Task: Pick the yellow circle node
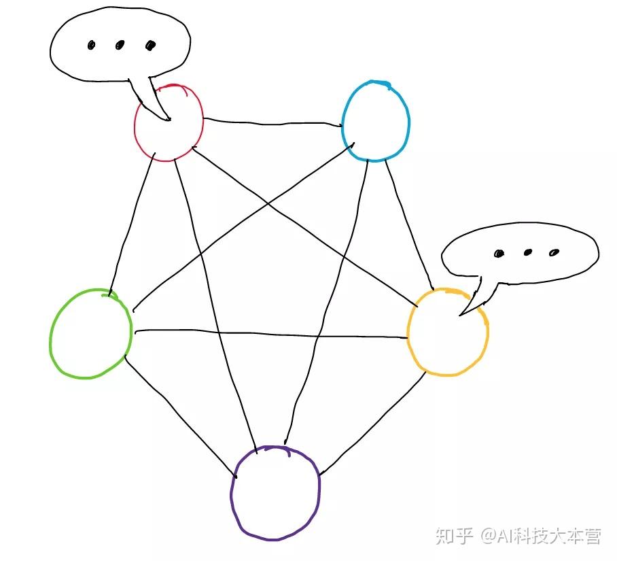pyautogui.click(x=447, y=332)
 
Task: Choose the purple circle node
pyautogui.click(x=275, y=492)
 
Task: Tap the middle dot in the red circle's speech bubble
pyautogui.click(x=120, y=46)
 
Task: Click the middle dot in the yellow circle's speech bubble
pyautogui.click(x=527, y=252)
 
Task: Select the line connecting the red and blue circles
pyautogui.click(x=272, y=124)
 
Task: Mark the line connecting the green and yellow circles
pyautogui.click(x=272, y=334)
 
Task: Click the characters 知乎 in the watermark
pyautogui.click(x=454, y=537)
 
